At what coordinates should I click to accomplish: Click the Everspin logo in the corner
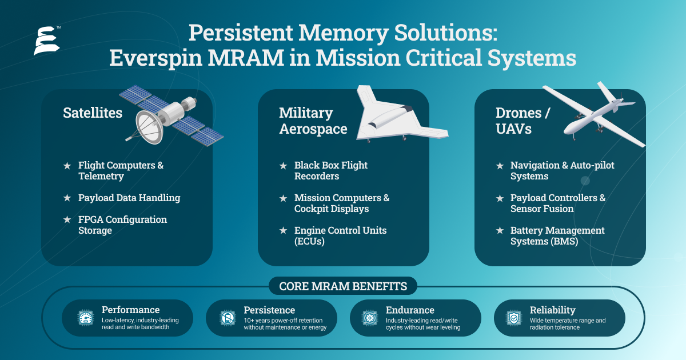coord(47,41)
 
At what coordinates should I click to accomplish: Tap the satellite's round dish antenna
coord(149,127)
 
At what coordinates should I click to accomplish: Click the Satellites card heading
coord(93,113)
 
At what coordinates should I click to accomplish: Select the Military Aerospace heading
coord(313,121)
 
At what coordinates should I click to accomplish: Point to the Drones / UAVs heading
coord(523,121)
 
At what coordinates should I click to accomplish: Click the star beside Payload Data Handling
coord(67,198)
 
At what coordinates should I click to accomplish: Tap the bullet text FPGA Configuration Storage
coord(122,225)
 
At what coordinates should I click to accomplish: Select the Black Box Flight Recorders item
coord(331,170)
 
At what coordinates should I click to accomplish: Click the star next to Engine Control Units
coord(284,230)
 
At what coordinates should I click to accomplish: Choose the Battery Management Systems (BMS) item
coord(557,235)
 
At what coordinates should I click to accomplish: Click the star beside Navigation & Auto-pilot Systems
coord(500,166)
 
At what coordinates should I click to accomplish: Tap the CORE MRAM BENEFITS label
coord(343,286)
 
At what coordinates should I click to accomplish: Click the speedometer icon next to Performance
coord(85,318)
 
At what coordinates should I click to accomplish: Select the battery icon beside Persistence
coord(228,318)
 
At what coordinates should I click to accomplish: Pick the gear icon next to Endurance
coord(370,318)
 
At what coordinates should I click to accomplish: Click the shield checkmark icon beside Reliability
coord(513,318)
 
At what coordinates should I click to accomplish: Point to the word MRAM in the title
coord(246,58)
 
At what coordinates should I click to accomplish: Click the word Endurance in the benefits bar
coord(410,310)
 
